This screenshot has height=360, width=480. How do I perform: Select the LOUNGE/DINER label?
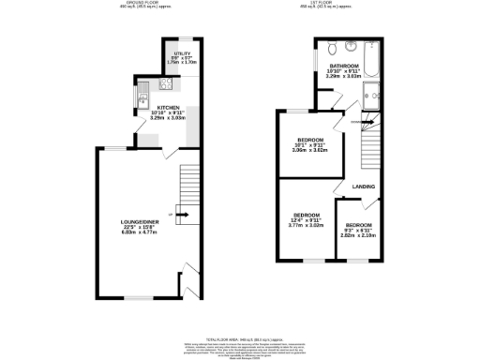pyautogui.click(x=138, y=221)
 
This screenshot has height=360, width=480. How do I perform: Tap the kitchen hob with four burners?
pyautogui.click(x=165, y=85)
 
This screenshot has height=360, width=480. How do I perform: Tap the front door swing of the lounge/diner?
pyautogui.click(x=188, y=276)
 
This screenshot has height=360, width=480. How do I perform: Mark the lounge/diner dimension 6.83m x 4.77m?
pyautogui.click(x=138, y=234)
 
